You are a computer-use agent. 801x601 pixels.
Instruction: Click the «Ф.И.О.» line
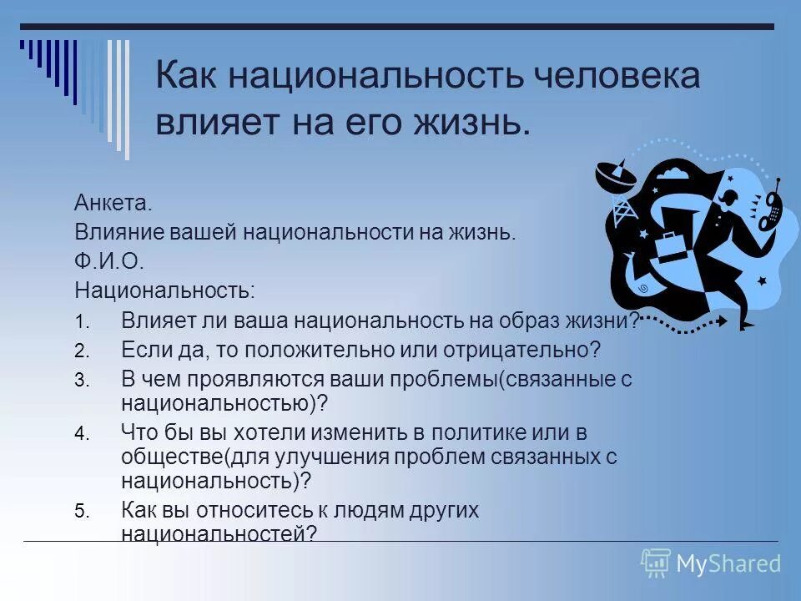[x=109, y=262]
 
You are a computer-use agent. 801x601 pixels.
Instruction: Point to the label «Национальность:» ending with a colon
[x=165, y=291]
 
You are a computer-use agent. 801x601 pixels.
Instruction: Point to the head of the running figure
[x=731, y=199]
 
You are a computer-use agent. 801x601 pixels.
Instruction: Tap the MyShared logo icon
[x=656, y=563]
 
